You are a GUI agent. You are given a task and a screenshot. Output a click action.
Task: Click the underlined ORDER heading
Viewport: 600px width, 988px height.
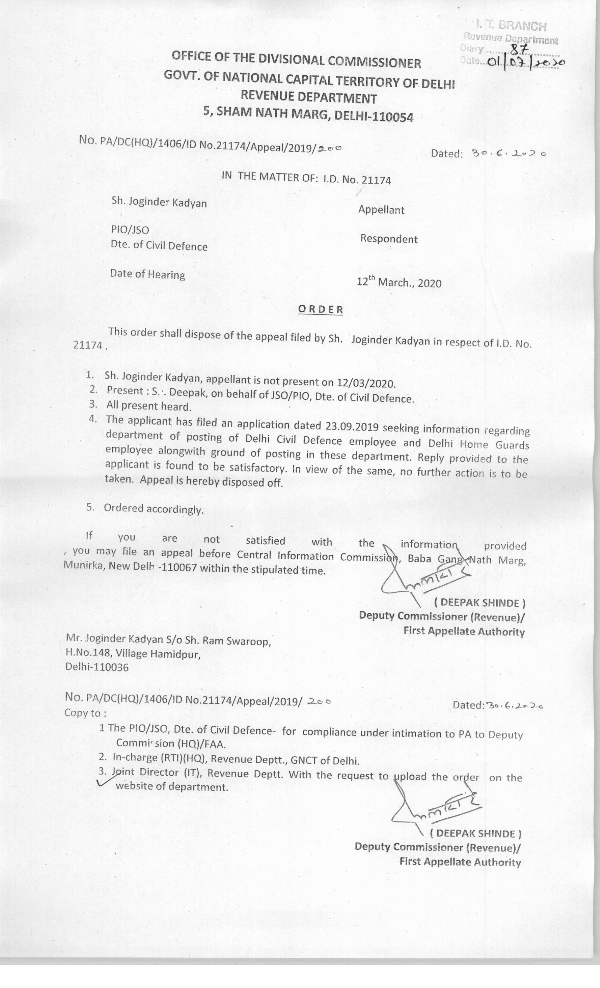pos(320,309)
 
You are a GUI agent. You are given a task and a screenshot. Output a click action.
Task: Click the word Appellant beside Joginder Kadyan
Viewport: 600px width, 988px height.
pos(381,210)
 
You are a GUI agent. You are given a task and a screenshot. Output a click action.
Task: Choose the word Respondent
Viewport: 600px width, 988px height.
pos(389,239)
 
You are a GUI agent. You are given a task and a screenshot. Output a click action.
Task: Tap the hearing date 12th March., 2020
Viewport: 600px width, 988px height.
pos(399,283)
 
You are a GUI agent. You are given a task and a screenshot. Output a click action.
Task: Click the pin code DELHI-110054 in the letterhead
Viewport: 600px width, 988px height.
pos(373,116)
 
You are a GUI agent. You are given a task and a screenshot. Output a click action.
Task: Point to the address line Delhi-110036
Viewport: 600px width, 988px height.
pos(97,667)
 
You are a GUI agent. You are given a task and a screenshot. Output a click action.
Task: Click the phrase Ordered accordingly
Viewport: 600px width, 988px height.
pos(154,509)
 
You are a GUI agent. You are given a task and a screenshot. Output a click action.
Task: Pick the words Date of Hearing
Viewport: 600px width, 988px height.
pos(148,275)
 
